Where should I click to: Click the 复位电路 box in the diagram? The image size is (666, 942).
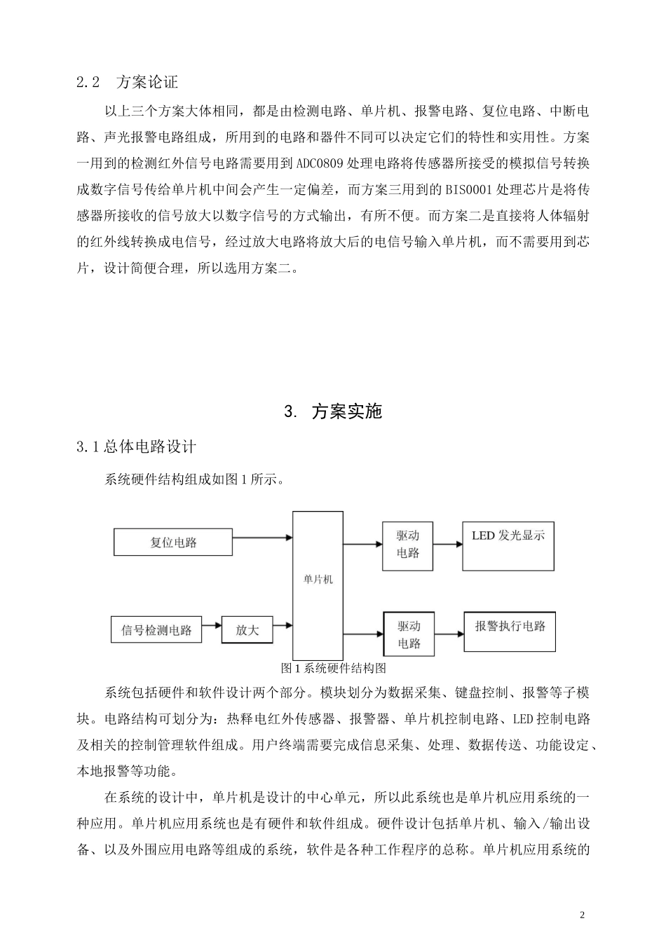(x=173, y=542)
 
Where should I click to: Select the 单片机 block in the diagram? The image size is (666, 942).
(x=318, y=580)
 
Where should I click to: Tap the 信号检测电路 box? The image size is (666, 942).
(x=156, y=629)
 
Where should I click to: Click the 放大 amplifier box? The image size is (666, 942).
(x=247, y=629)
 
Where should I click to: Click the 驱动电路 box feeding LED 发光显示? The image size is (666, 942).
(x=407, y=545)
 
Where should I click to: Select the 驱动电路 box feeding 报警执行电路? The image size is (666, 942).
(x=409, y=634)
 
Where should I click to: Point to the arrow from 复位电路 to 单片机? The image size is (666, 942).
(x=262, y=538)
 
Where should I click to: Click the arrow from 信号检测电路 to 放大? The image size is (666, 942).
(x=212, y=624)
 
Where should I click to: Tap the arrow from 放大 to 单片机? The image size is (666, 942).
(x=283, y=624)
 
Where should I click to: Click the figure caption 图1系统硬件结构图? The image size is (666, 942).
(x=333, y=668)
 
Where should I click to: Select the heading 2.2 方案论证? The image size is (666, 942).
(x=128, y=82)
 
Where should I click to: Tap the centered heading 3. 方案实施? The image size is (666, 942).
(x=333, y=411)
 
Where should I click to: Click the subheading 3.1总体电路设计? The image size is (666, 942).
(x=137, y=446)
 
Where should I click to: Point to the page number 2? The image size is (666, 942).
(x=582, y=915)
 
